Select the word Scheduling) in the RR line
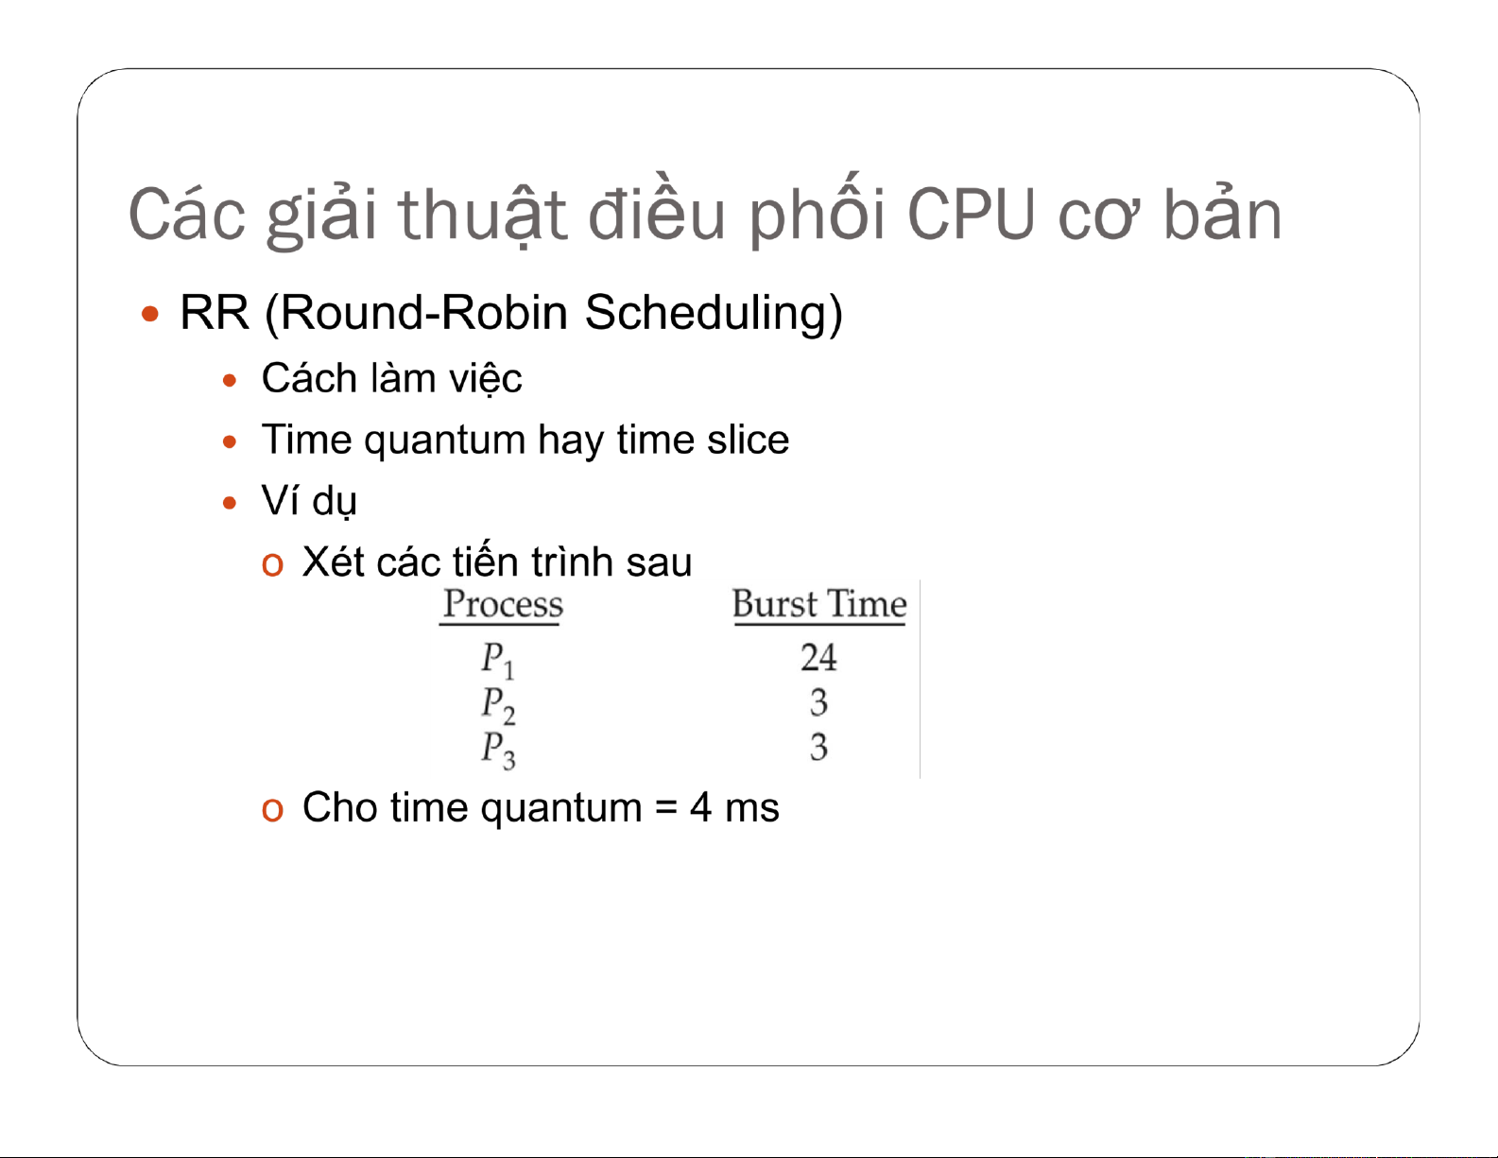[x=714, y=314]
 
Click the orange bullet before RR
[x=149, y=315]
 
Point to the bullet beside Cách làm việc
[x=230, y=380]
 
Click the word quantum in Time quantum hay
[x=444, y=441]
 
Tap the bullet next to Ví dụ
[x=230, y=503]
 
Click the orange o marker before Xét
[x=272, y=564]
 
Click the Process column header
[x=503, y=604]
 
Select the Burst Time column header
[x=819, y=604]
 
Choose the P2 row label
[x=498, y=704]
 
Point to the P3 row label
[x=498, y=750]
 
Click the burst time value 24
[x=819, y=657]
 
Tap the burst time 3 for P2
[x=819, y=702]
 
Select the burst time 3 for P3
[x=819, y=747]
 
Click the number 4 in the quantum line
[x=700, y=807]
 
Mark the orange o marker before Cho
[x=272, y=809]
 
